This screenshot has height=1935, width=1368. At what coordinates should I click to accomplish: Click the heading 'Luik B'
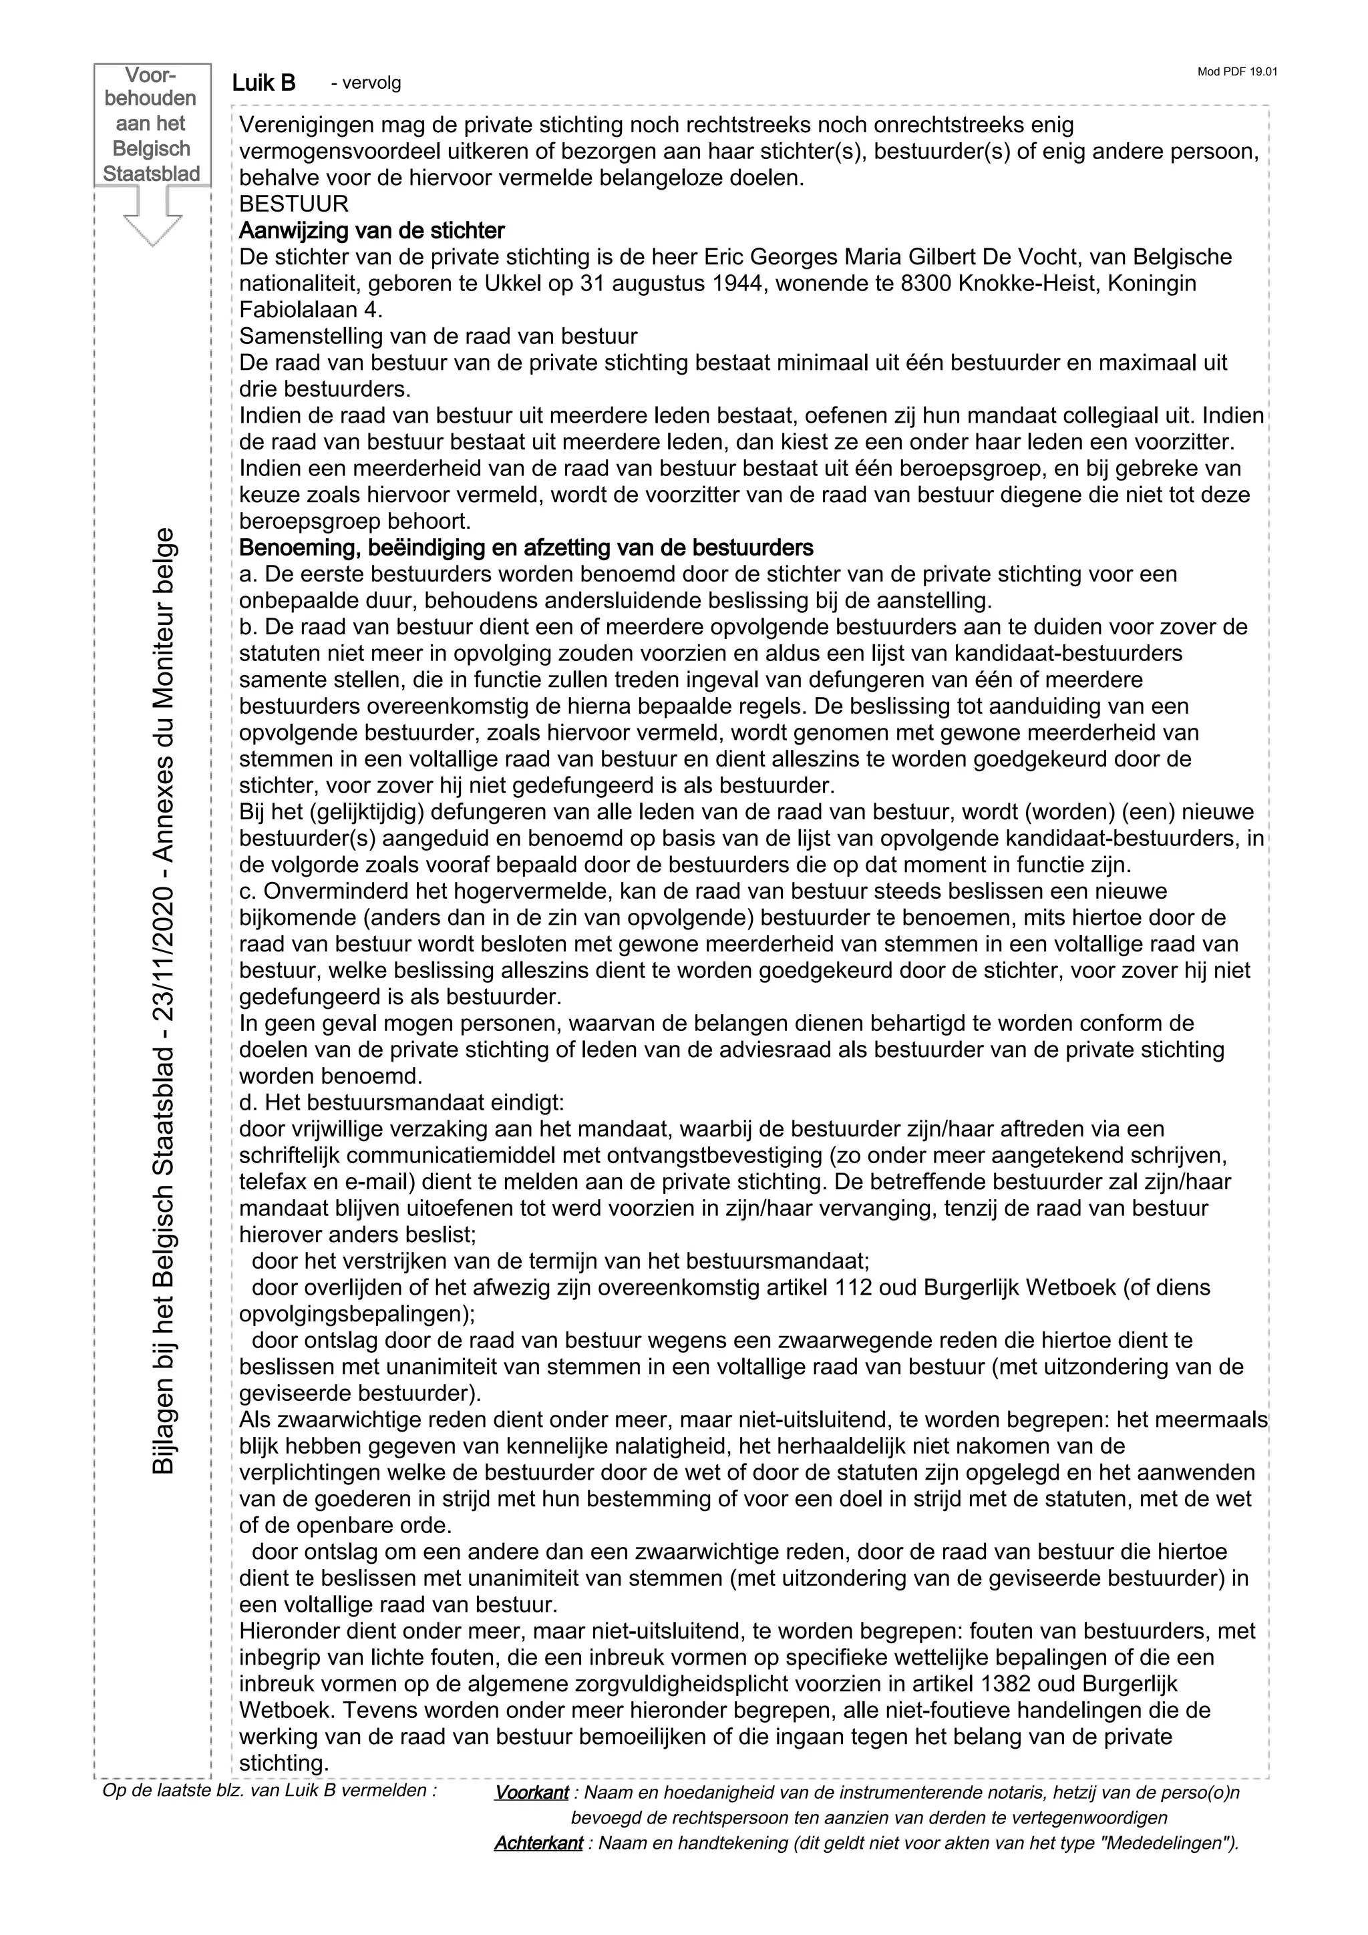click(x=264, y=83)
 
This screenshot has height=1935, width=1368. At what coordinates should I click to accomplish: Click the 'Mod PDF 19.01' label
click(x=1236, y=71)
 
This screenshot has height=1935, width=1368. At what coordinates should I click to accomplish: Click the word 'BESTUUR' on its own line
click(x=293, y=204)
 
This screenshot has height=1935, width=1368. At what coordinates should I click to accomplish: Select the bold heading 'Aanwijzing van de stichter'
click(x=371, y=230)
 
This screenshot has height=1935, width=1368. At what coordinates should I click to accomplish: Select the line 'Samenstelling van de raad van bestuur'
click(x=438, y=337)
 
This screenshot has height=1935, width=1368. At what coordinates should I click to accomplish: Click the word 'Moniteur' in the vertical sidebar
click(x=164, y=666)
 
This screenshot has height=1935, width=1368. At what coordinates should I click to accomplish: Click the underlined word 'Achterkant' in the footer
click(x=538, y=1843)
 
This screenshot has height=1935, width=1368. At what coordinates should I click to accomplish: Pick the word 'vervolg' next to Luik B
click(x=366, y=83)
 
